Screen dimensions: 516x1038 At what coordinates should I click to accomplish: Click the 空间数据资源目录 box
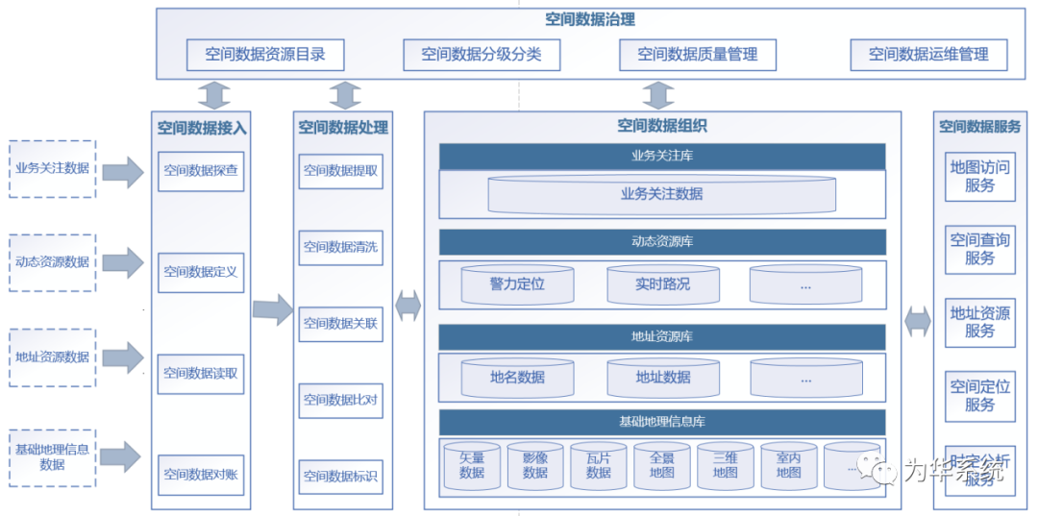tap(264, 55)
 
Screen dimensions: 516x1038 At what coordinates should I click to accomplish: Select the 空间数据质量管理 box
tap(697, 55)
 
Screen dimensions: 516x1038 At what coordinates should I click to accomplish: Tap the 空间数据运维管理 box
tap(928, 55)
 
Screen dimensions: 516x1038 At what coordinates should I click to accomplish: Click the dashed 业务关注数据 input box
tap(52, 168)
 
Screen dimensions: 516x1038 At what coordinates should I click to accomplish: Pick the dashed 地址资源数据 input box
tap(52, 357)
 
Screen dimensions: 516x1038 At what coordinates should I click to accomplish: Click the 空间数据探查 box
tap(201, 171)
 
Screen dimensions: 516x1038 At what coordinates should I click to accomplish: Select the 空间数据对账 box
tap(201, 475)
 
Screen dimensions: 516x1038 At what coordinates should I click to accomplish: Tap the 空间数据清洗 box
tap(340, 247)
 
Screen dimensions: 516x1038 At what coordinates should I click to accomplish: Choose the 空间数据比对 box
tap(340, 400)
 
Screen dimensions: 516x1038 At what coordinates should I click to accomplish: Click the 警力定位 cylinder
tap(517, 284)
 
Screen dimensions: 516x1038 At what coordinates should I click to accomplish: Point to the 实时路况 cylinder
tap(662, 284)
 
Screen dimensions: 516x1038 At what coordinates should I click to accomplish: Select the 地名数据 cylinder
tap(517, 378)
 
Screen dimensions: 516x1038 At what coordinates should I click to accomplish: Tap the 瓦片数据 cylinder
tap(598, 466)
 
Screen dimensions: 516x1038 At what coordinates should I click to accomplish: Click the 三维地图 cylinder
tap(725, 466)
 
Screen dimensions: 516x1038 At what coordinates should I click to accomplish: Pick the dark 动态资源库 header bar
tap(661, 242)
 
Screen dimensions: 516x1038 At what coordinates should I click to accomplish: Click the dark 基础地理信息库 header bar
tap(661, 422)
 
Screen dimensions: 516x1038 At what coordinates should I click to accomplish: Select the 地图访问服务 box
tap(979, 176)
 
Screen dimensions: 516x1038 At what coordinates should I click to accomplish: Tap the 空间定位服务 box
tap(979, 396)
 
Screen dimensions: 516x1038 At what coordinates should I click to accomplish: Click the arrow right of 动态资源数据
tap(122, 261)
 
